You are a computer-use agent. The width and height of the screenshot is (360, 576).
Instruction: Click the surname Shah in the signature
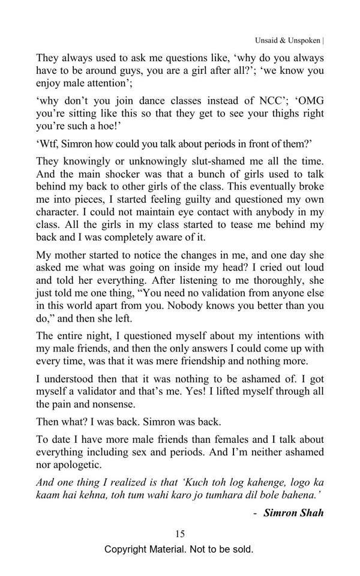click(311, 513)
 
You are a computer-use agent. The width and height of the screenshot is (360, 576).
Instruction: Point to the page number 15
click(179, 534)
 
